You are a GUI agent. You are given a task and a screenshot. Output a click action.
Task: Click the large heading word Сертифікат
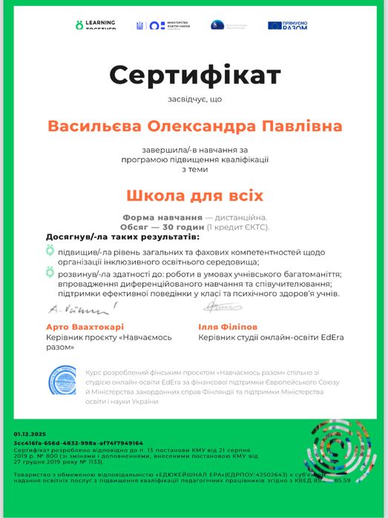(195, 75)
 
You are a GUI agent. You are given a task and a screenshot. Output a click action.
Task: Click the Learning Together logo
(96, 25)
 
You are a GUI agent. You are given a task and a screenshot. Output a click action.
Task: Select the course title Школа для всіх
(194, 196)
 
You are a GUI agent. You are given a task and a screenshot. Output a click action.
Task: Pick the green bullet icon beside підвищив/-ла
(50, 252)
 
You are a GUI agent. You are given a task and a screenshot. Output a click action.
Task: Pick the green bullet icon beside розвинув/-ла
(50, 273)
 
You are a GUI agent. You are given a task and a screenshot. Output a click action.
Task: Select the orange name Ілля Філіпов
(228, 326)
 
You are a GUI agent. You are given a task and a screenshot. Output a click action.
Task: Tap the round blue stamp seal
(62, 380)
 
